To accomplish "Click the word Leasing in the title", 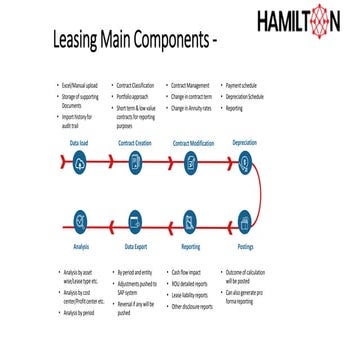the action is pos(76,42).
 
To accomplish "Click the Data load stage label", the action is pos(80,144).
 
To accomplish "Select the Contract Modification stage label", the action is pos(193,144).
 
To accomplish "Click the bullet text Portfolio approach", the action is pos(138,97).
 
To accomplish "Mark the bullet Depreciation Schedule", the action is pos(250,97).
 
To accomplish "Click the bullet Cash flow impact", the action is pos(190,272).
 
